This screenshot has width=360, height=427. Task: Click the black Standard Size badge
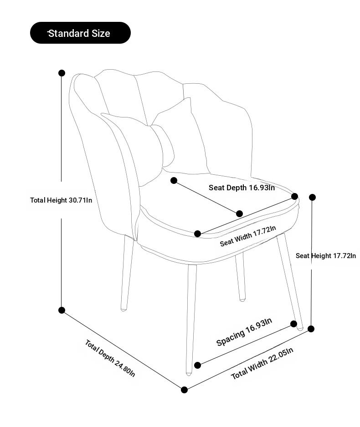coord(80,33)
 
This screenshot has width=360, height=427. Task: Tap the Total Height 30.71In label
coord(61,200)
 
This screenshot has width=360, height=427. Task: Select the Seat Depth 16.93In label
coord(242,188)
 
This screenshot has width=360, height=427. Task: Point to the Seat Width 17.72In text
coord(248,236)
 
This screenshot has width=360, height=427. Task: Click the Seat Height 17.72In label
coord(326,256)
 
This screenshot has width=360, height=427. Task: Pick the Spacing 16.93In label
coord(244,332)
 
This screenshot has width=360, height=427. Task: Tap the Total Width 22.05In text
coord(262,363)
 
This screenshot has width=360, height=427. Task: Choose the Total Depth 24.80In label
coord(110,358)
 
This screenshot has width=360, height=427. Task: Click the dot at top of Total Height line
coord(62,73)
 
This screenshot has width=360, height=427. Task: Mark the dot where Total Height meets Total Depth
coord(62,310)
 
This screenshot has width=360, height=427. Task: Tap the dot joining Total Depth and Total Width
coord(184,390)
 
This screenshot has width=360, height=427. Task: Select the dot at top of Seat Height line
coord(312,197)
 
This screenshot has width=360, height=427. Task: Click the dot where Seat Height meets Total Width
coord(311,329)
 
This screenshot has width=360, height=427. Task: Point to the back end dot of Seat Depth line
coord(174,180)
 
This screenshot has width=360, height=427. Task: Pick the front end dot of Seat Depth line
coord(239,213)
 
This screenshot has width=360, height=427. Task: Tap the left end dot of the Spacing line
coord(198,365)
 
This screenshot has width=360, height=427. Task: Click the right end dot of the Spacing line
coord(293,324)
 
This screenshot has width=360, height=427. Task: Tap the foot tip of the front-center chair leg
coord(189,374)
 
